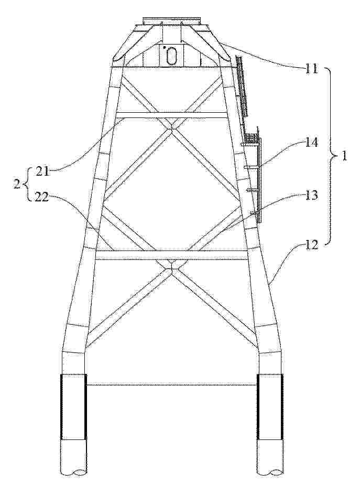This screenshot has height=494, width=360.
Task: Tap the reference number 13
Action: click(x=310, y=196)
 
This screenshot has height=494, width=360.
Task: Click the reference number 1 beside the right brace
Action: click(x=344, y=156)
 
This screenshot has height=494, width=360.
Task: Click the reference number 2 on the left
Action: click(x=17, y=184)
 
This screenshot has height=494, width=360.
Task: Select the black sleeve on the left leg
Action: click(x=73, y=407)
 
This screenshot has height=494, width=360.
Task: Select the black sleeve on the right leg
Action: click(x=270, y=407)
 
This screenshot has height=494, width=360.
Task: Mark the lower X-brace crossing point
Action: click(x=171, y=268)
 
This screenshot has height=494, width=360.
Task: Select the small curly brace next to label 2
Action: click(x=26, y=184)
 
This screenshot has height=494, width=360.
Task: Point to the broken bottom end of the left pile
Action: click(x=73, y=472)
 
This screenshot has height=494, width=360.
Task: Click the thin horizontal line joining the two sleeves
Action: click(x=172, y=385)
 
